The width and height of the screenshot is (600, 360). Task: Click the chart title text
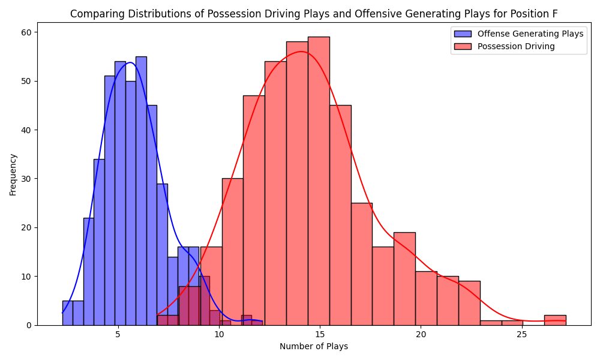(314, 14)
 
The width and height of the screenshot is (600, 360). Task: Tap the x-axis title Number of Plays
(314, 346)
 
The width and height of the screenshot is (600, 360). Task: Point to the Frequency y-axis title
(13, 174)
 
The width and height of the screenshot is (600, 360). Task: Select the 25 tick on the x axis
(521, 334)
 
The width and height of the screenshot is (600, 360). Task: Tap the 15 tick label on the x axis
(320, 334)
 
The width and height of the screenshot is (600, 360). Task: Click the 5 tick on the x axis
(118, 334)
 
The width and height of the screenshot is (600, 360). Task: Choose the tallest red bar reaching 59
(319, 180)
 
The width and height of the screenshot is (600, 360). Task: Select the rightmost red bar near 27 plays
(555, 320)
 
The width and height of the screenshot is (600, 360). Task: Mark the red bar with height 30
(232, 252)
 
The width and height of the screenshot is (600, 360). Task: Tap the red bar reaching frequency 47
(254, 210)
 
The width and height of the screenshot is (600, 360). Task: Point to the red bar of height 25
(361, 264)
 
